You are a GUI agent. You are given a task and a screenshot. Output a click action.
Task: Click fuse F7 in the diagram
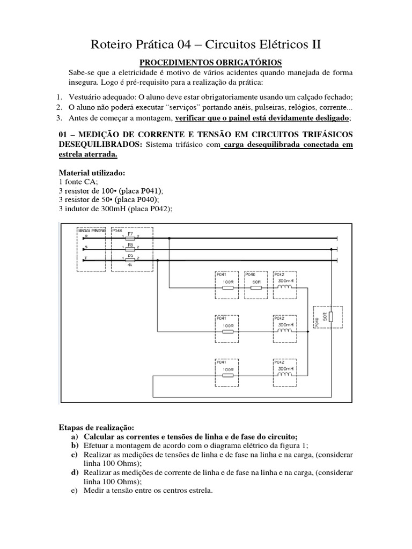point(130,237)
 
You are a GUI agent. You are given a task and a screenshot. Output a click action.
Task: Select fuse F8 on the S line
point(130,248)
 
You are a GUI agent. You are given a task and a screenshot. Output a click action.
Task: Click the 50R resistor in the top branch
point(256,287)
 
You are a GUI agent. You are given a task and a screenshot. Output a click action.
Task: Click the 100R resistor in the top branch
point(227,287)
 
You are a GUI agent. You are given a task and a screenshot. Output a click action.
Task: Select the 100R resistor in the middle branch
point(227,331)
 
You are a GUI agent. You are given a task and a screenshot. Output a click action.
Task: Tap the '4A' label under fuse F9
point(130,265)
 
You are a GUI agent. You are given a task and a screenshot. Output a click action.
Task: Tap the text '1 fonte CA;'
point(77,182)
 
